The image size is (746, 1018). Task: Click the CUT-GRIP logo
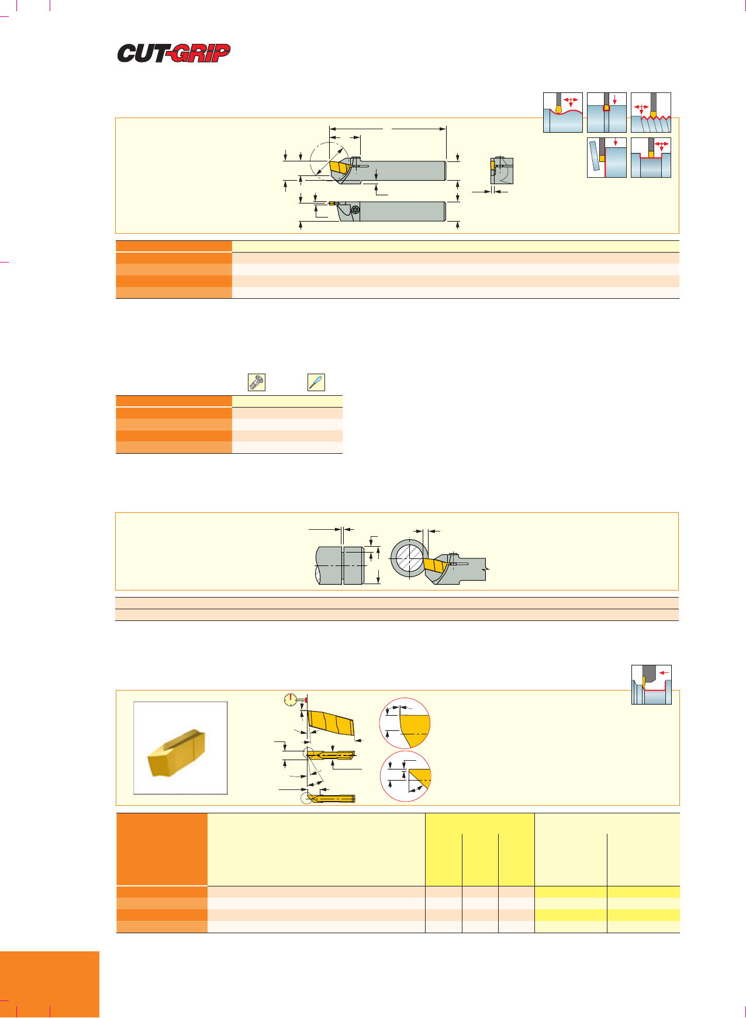[174, 53]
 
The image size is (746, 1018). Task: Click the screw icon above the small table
[257, 382]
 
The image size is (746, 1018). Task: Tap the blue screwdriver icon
[316, 382]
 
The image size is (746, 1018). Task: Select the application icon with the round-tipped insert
[563, 112]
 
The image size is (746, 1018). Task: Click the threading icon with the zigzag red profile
[651, 112]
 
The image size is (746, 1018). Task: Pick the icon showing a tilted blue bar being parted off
[607, 157]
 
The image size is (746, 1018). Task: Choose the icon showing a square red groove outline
[607, 112]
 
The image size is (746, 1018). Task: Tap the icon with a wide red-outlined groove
[651, 157]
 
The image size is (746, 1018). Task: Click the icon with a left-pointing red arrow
[651, 685]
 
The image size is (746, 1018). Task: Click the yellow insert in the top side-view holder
[339, 167]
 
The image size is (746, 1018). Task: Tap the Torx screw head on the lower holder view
[355, 210]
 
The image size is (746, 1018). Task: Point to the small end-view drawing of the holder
[501, 170]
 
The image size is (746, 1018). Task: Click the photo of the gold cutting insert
[180, 748]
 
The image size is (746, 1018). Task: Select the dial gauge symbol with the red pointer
[291, 699]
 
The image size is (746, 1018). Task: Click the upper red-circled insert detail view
[405, 723]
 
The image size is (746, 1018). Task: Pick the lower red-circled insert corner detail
[405, 777]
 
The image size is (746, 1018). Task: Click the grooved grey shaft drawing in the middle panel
[341, 565]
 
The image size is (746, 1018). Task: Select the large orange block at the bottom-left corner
[50, 985]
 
